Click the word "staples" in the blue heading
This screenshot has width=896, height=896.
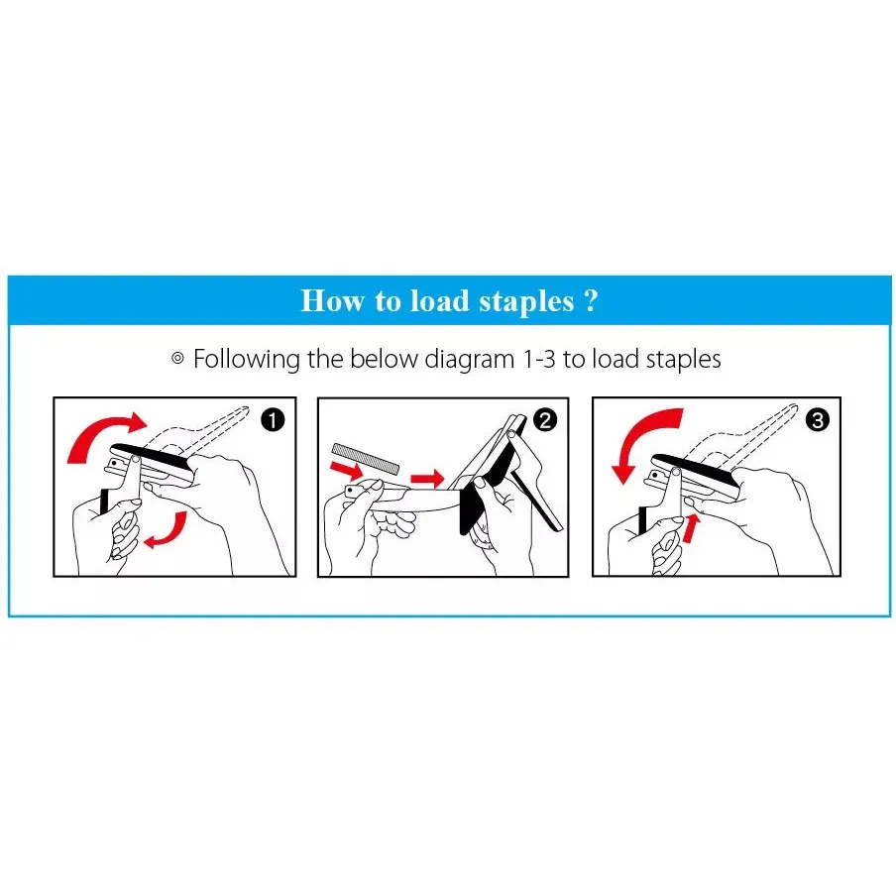(526, 302)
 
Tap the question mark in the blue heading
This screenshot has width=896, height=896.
(592, 300)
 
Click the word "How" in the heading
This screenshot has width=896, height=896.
(332, 300)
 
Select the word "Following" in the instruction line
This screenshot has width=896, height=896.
(246, 360)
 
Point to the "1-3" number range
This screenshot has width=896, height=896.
(539, 360)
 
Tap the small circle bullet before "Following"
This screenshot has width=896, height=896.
(177, 359)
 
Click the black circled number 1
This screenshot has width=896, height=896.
(273, 420)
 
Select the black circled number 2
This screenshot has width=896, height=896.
(544, 420)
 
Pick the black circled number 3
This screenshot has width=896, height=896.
(817, 420)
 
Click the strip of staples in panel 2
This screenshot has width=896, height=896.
(366, 458)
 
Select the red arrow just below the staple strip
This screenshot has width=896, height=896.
(346, 470)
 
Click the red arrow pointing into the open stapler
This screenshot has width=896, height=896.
(427, 479)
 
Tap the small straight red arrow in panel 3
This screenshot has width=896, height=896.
(691, 528)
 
